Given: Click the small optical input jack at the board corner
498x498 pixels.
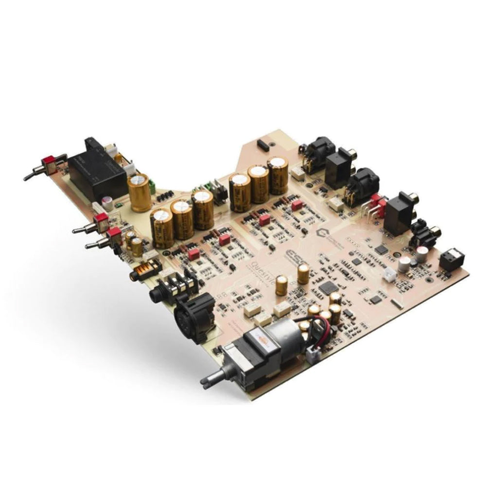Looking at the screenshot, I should [x=450, y=261].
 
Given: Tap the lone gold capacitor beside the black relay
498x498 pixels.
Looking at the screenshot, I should [x=140, y=193].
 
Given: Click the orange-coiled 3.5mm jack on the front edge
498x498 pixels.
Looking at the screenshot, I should [x=145, y=270].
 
